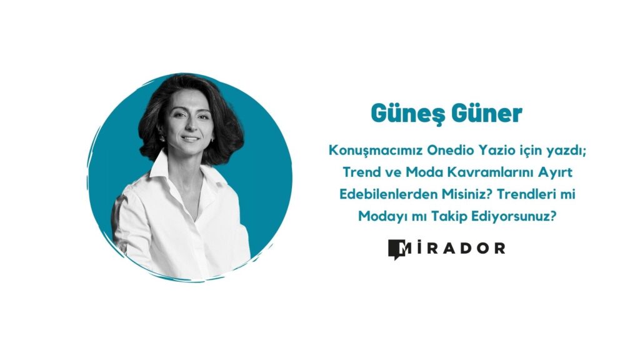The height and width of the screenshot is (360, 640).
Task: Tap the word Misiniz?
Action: [x=464, y=194]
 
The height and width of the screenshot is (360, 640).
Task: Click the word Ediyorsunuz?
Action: [x=514, y=217]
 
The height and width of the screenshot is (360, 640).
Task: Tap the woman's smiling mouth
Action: [x=190, y=139]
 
